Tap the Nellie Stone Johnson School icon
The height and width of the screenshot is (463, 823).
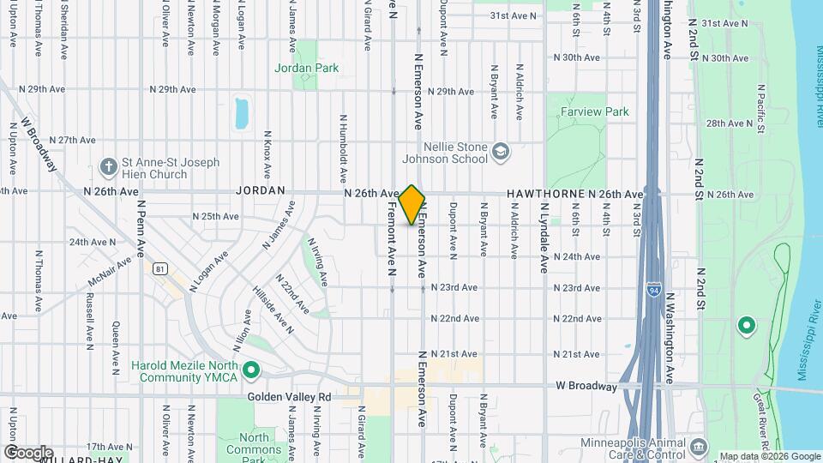coord(500,153)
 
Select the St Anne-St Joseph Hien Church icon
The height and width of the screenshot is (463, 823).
coord(108,165)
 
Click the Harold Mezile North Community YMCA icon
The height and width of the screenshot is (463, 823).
coord(251,371)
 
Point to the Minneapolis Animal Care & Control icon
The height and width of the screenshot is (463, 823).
coord(699,448)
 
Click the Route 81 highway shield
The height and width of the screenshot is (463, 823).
coord(159,269)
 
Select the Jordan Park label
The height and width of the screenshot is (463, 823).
coord(306,69)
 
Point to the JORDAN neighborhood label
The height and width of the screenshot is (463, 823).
coord(259,191)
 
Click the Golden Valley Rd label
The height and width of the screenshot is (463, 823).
coord(289,397)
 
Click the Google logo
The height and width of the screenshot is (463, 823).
coord(27,452)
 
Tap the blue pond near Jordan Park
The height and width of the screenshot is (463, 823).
coord(242,112)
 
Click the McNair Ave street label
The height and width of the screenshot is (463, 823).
coord(110,273)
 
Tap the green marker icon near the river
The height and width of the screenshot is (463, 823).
coord(746,325)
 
